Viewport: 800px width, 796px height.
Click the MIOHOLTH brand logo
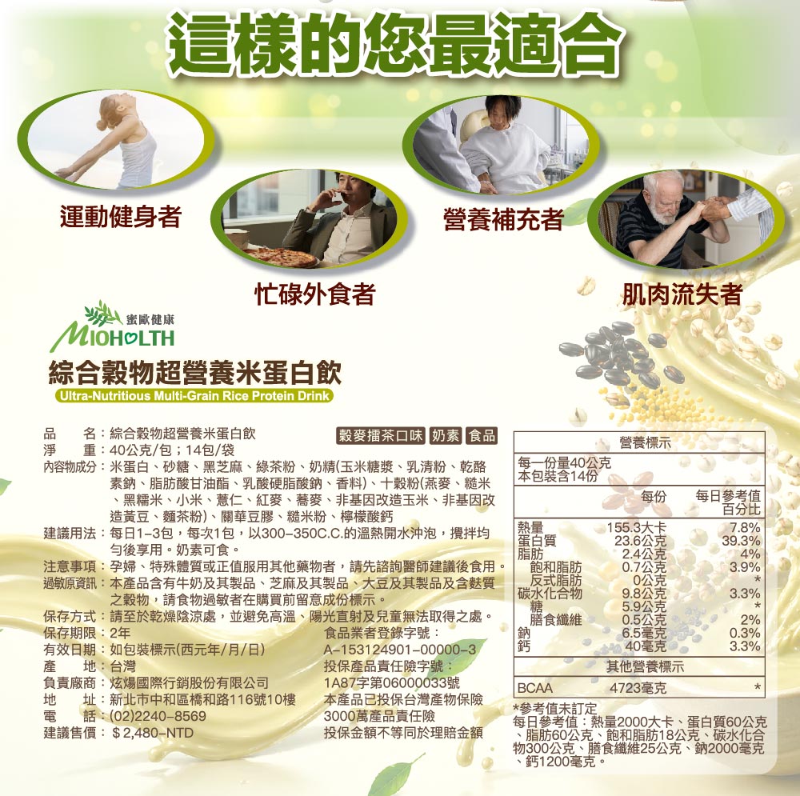point(113,326)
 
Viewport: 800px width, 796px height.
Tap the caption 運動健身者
point(121,216)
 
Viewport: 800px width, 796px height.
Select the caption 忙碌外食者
point(314,294)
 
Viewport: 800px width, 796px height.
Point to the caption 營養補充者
point(503,219)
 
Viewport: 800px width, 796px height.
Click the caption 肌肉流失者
point(682,294)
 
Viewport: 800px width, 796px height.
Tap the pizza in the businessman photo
point(280,257)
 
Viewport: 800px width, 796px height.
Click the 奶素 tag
point(446,435)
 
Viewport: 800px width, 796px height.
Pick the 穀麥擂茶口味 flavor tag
point(381,435)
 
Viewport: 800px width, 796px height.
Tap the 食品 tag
point(482,435)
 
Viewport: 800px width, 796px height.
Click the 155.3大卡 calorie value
point(636,527)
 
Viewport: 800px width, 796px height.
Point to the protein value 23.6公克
point(640,540)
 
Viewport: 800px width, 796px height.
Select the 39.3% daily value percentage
point(741,540)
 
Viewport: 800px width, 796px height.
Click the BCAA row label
point(534,688)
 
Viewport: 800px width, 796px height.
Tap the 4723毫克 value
point(638,688)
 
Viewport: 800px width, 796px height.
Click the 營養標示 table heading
point(645,443)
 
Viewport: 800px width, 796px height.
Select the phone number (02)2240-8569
point(158,716)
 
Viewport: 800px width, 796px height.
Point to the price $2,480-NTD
point(153,733)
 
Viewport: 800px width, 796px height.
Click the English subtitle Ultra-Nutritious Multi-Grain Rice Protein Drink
point(194,396)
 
